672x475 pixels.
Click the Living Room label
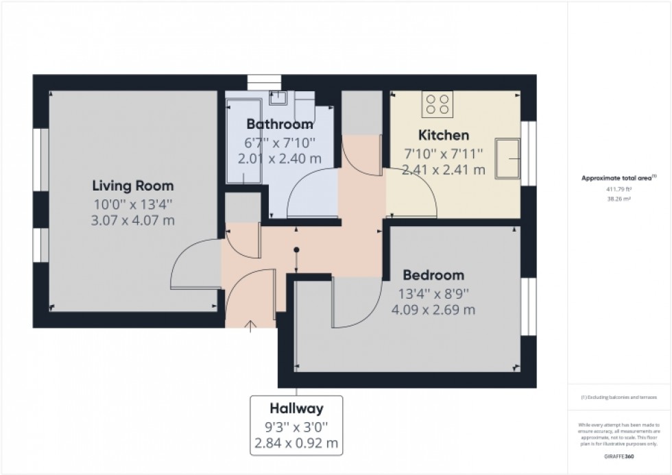coord(133,186)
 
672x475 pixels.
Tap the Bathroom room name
coord(280,125)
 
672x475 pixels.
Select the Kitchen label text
coord(444,135)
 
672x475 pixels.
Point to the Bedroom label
coord(433,275)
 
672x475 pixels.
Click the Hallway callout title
coord(296,409)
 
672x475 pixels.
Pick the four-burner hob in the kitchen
coord(438,103)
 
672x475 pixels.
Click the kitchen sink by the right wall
coord(509,158)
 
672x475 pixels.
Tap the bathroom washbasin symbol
coord(278,98)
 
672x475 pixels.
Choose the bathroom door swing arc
coord(312,195)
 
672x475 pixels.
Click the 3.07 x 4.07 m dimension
coord(133,221)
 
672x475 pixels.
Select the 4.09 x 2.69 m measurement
coord(433,310)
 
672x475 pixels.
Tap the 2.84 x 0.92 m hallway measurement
coord(296,443)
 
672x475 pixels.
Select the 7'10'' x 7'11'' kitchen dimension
coord(444,154)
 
